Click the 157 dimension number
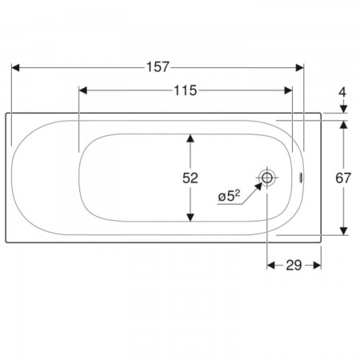pos(158,67)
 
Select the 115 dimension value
pos(186,90)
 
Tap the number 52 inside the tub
pos(190,178)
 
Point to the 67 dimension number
pos(343,178)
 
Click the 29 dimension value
pos(294,266)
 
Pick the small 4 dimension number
pos(342,92)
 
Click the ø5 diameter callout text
pos(229,197)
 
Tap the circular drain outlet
pos(267,178)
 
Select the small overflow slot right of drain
pos(301,178)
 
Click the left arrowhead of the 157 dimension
pos(15,68)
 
